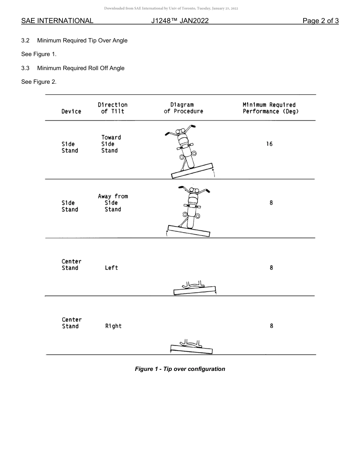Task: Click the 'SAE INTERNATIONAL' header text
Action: point(57,21)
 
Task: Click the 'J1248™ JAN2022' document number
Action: point(180,21)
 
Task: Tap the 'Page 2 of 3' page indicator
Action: point(320,21)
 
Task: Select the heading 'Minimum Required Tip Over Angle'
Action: point(82,41)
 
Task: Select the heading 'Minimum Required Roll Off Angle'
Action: point(81,68)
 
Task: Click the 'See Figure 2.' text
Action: point(39,82)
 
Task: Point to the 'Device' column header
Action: point(71,111)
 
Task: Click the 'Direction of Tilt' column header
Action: point(113,108)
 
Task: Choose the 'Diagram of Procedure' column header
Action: point(183,108)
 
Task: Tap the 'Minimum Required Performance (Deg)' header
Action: point(270,108)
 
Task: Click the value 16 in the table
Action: point(269,144)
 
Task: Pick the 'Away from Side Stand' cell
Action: point(113,203)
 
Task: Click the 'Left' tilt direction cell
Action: point(111,268)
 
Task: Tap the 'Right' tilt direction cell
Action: point(113,326)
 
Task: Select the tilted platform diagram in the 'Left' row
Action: point(194,289)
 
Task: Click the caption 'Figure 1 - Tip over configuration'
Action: point(180,369)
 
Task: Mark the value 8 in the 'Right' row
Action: point(271,326)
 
